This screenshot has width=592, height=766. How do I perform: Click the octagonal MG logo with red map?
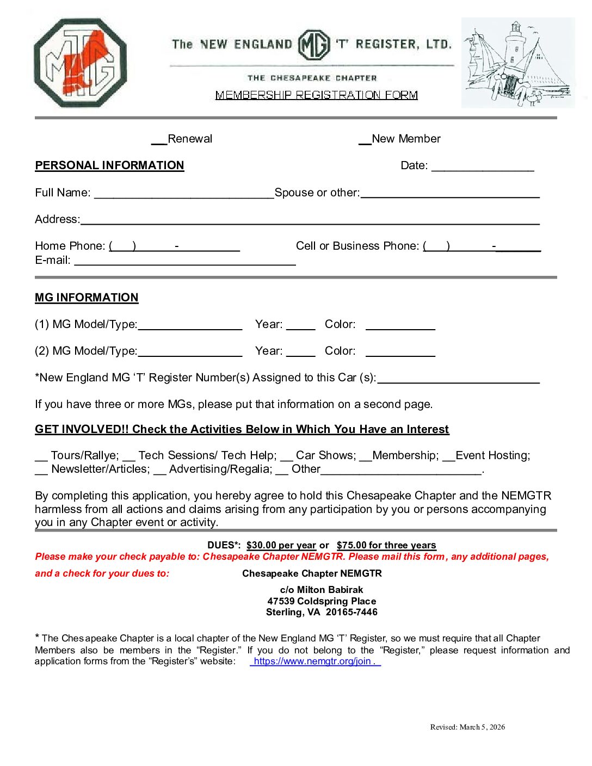coord(81,63)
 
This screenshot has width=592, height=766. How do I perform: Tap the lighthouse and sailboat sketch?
coord(517,63)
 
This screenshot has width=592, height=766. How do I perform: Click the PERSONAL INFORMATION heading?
coord(109,165)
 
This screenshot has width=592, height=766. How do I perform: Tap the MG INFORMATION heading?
coord(87,298)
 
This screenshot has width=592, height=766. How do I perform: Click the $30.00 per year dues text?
coord(281,545)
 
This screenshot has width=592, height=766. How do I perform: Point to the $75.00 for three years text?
coord(386,545)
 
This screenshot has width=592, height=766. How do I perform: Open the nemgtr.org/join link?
coord(315,662)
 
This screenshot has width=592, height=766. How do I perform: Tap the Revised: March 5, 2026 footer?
coord(467,727)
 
